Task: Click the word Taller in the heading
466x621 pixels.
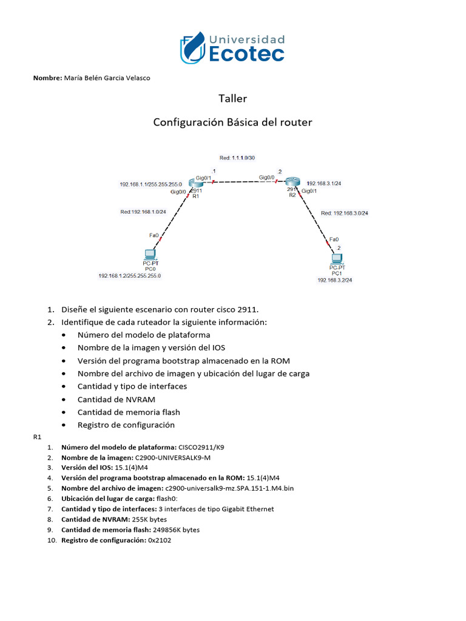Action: click(233, 98)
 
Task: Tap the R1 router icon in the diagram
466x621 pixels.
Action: click(195, 183)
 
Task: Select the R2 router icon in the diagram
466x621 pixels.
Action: click(293, 181)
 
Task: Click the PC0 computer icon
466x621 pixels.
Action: click(150, 254)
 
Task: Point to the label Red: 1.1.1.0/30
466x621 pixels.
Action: click(237, 158)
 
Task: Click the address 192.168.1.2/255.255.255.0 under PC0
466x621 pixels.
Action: click(133, 275)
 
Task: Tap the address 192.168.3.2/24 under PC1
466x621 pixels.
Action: click(334, 280)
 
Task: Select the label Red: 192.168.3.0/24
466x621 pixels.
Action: click(345, 213)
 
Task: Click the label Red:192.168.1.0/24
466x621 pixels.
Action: click(143, 212)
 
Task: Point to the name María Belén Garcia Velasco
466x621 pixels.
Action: click(107, 78)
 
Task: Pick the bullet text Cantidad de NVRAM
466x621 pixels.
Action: click(116, 399)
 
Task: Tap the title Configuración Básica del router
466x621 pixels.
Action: click(232, 122)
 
